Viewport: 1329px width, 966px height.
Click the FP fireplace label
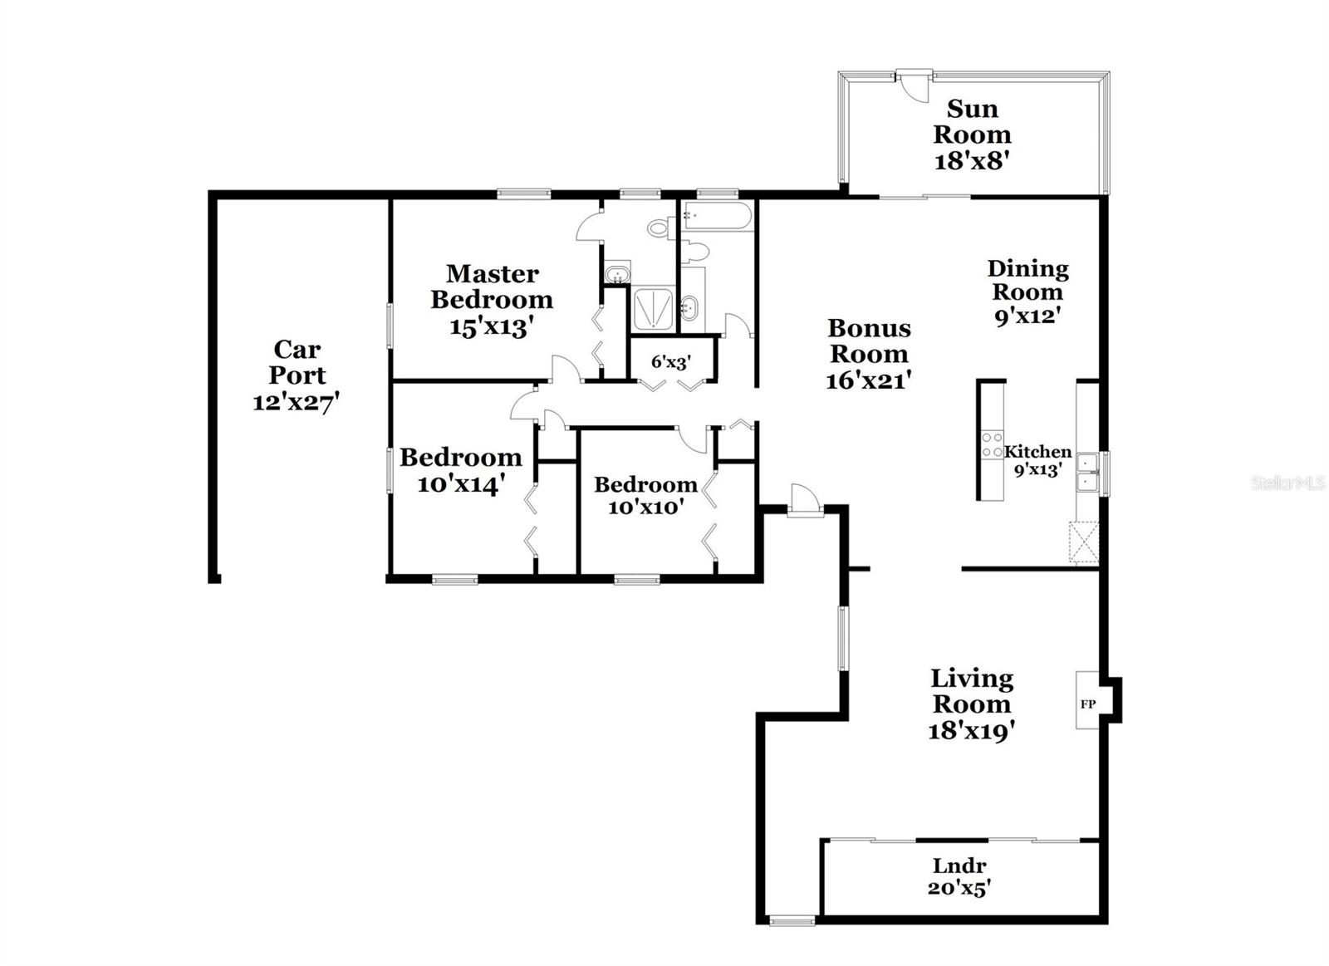click(x=1087, y=704)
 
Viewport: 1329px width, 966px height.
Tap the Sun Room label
click(x=972, y=121)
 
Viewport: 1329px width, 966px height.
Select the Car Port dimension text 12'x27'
click(x=297, y=402)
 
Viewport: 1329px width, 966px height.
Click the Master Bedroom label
click(x=492, y=286)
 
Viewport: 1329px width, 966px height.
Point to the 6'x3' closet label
click(x=671, y=361)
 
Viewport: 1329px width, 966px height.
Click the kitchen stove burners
click(x=992, y=445)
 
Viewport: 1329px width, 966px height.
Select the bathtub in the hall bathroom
click(x=718, y=216)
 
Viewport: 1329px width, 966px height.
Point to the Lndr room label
click(x=959, y=865)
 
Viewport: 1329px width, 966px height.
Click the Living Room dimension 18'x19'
click(x=972, y=731)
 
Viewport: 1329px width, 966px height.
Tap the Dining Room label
click(x=1027, y=280)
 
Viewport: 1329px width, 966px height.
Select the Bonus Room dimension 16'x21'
click(x=869, y=380)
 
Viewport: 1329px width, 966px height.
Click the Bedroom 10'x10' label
click(x=645, y=484)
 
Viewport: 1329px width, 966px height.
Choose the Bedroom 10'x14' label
click(x=460, y=457)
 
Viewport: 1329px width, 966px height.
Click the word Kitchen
click(x=1037, y=452)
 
